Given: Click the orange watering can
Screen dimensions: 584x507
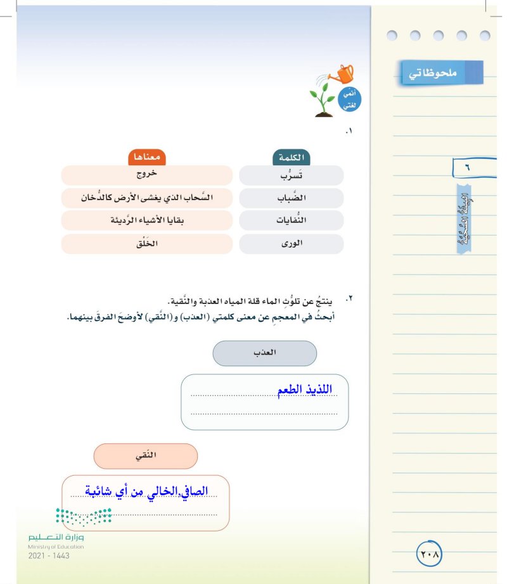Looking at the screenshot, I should point(344,74).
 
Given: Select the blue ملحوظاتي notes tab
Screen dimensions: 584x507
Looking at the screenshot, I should point(441,73).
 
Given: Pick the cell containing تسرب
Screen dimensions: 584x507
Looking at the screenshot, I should point(292,176).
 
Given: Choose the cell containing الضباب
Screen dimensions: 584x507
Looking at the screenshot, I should point(292,198).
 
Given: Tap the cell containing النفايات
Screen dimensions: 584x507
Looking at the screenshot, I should point(292,221).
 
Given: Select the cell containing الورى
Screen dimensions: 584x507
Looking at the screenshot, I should point(292,244).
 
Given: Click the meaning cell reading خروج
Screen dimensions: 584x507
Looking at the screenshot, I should point(147,175).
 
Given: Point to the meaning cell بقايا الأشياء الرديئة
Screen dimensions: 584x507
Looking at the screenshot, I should point(147,221).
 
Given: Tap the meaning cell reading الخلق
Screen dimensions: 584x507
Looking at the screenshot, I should point(147,244).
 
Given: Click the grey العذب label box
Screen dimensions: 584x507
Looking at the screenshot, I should point(264,353).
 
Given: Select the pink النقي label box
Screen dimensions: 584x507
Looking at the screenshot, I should point(146,456).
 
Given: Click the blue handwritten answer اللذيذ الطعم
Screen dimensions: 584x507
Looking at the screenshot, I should point(305,390).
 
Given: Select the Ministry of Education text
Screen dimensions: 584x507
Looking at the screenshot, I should point(56,547).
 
